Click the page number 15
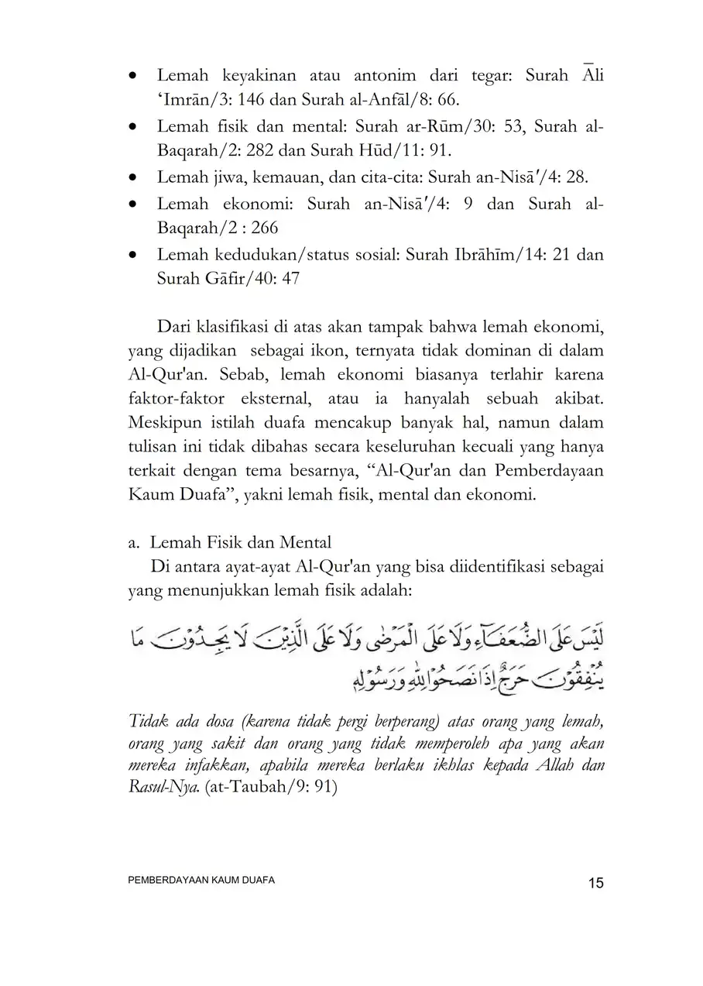595,884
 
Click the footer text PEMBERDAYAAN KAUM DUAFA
201,881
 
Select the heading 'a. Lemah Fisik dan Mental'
230,542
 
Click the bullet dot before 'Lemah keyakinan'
135,77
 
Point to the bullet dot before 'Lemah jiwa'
135,177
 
